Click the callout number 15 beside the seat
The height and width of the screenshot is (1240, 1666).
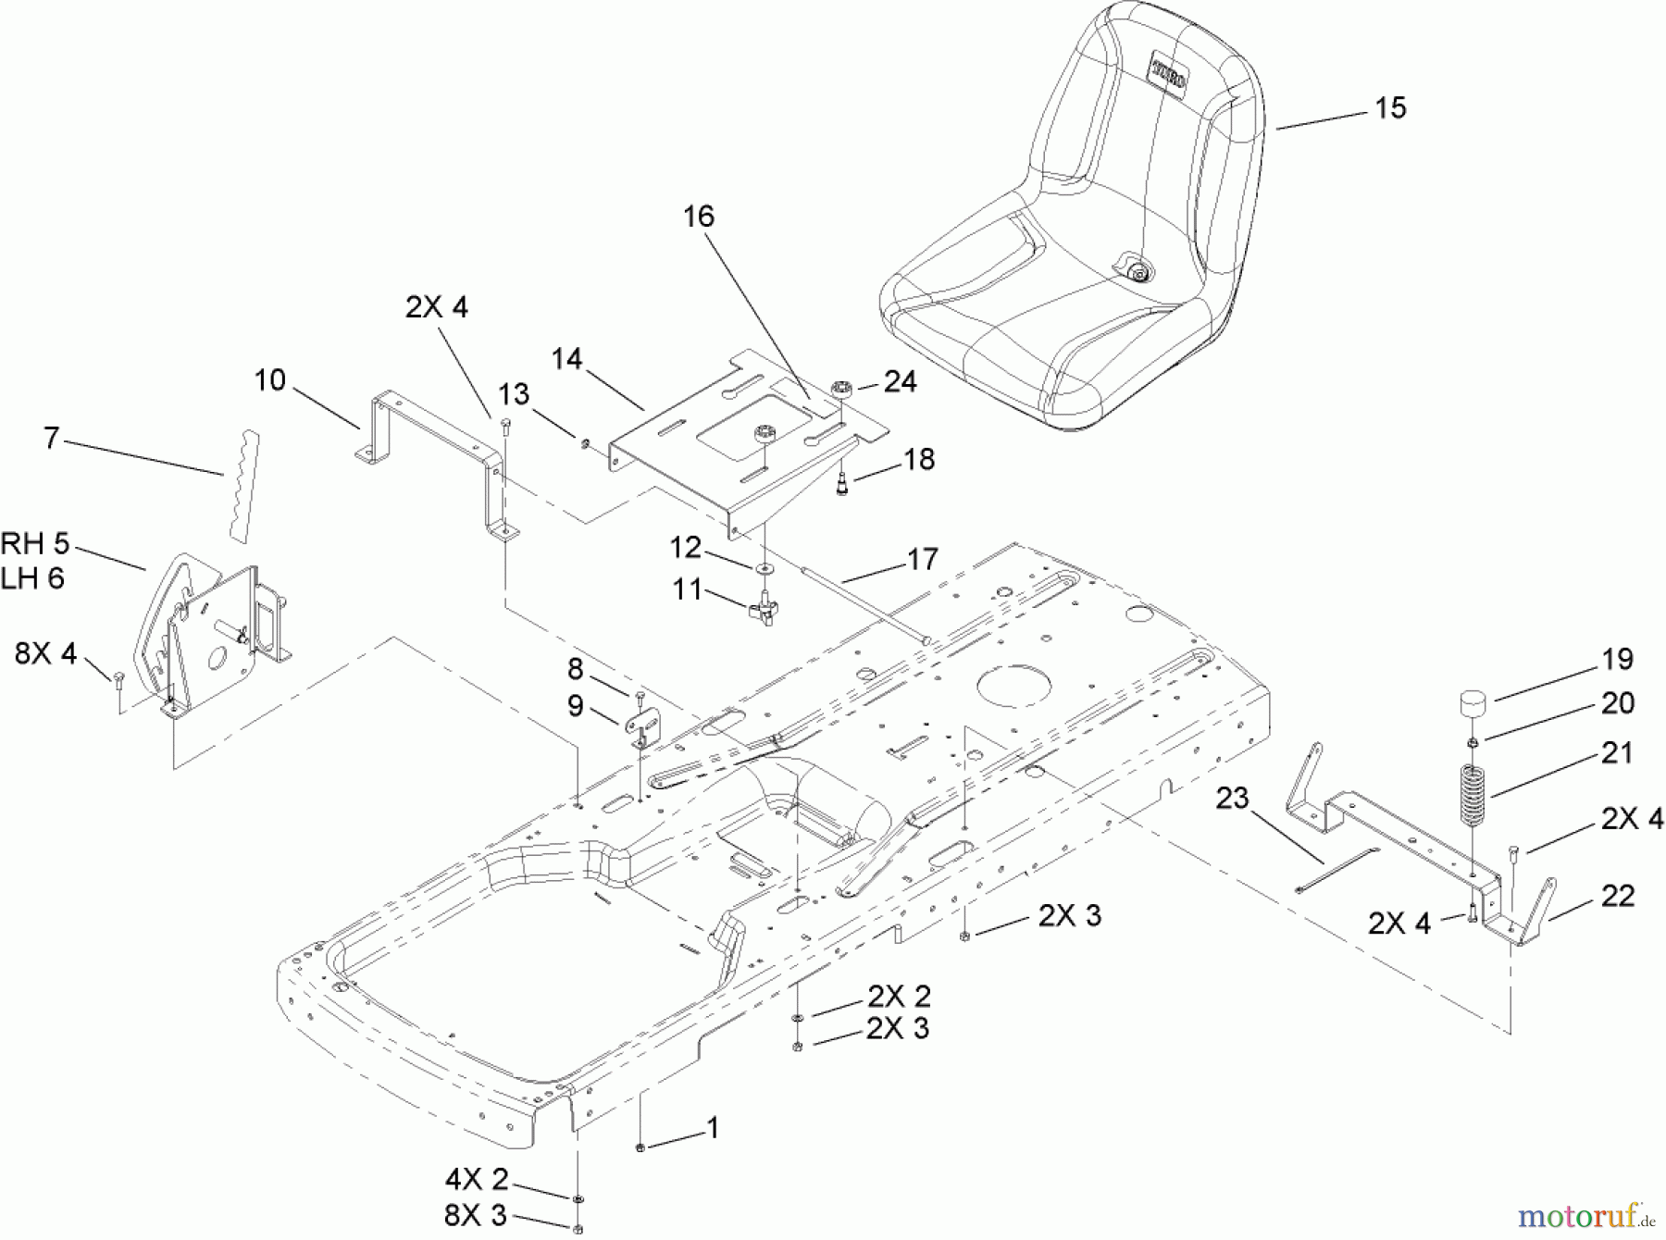tap(1390, 108)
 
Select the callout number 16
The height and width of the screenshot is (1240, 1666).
tap(699, 217)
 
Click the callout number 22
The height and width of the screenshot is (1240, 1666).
tap(1617, 896)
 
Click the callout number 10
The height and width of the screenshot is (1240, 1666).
tap(270, 381)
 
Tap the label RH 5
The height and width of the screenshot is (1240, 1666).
tap(35, 543)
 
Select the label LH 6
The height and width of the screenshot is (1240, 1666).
tap(33, 578)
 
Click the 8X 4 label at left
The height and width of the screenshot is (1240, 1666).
tap(45, 654)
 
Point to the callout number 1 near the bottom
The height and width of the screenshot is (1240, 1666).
tap(712, 1128)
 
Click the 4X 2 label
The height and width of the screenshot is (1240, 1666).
tap(478, 1179)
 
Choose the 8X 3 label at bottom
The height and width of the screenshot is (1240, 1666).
tap(476, 1214)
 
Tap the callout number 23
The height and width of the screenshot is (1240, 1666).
tap(1233, 798)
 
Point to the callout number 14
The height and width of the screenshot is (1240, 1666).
tap(566, 359)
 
